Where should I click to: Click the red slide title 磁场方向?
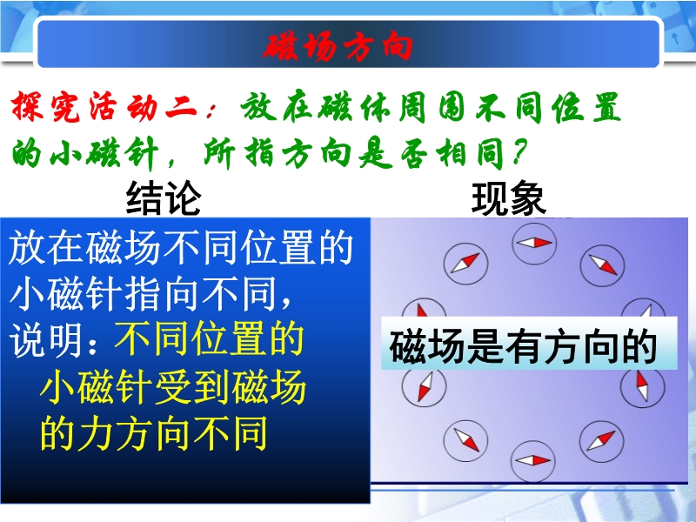coord(338,47)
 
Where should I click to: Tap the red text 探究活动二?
coord(104,107)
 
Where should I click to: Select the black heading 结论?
coord(164,198)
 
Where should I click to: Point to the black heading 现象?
coord(509,198)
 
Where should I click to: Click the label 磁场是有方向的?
coord(524,346)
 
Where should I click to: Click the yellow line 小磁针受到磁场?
coord(173,386)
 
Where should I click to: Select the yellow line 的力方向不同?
coord(154,432)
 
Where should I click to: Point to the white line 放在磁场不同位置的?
coord(181,247)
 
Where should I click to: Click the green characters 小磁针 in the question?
coord(104,152)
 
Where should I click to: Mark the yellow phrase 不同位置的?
coord(209,340)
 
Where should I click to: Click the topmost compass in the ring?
coord(534,244)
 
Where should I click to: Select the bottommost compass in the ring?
coord(532,461)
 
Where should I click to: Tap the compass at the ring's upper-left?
coord(465,264)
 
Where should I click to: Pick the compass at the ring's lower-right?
coord(602,441)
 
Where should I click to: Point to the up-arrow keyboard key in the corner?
coord(676,37)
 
